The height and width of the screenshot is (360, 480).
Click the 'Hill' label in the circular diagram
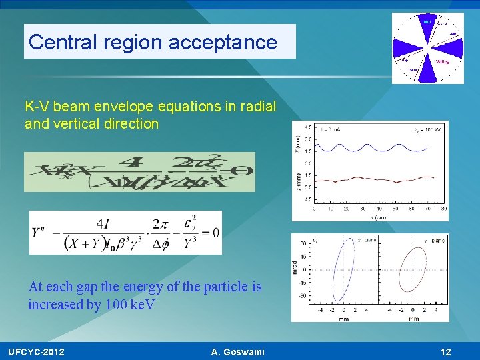(x=427, y=21)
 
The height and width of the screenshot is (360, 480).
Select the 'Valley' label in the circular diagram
(x=443, y=61)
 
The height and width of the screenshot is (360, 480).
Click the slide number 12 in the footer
(x=446, y=351)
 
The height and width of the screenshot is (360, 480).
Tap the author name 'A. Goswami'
(x=237, y=351)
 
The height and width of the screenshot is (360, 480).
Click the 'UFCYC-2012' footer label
(x=36, y=351)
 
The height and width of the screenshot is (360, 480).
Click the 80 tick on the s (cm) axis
(x=443, y=209)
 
